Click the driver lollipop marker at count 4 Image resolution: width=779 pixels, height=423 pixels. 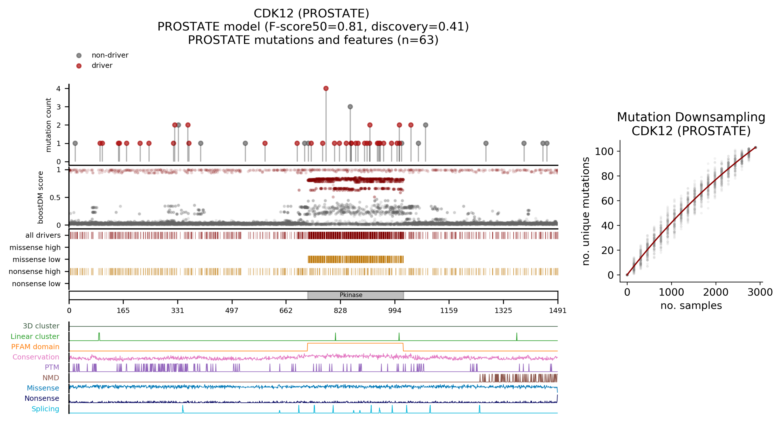click(326, 89)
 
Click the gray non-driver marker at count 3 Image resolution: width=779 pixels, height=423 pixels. click(350, 107)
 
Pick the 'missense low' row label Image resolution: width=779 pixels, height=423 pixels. click(36, 259)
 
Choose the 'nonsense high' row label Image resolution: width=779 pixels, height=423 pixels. click(35, 272)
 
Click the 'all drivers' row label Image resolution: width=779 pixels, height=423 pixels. click(43, 235)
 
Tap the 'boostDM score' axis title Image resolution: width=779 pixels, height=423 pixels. click(40, 197)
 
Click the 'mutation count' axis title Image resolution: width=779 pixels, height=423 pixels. click(48, 125)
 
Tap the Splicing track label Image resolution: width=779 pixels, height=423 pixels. click(45, 409)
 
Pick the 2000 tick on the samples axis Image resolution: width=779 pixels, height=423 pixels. click(716, 292)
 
